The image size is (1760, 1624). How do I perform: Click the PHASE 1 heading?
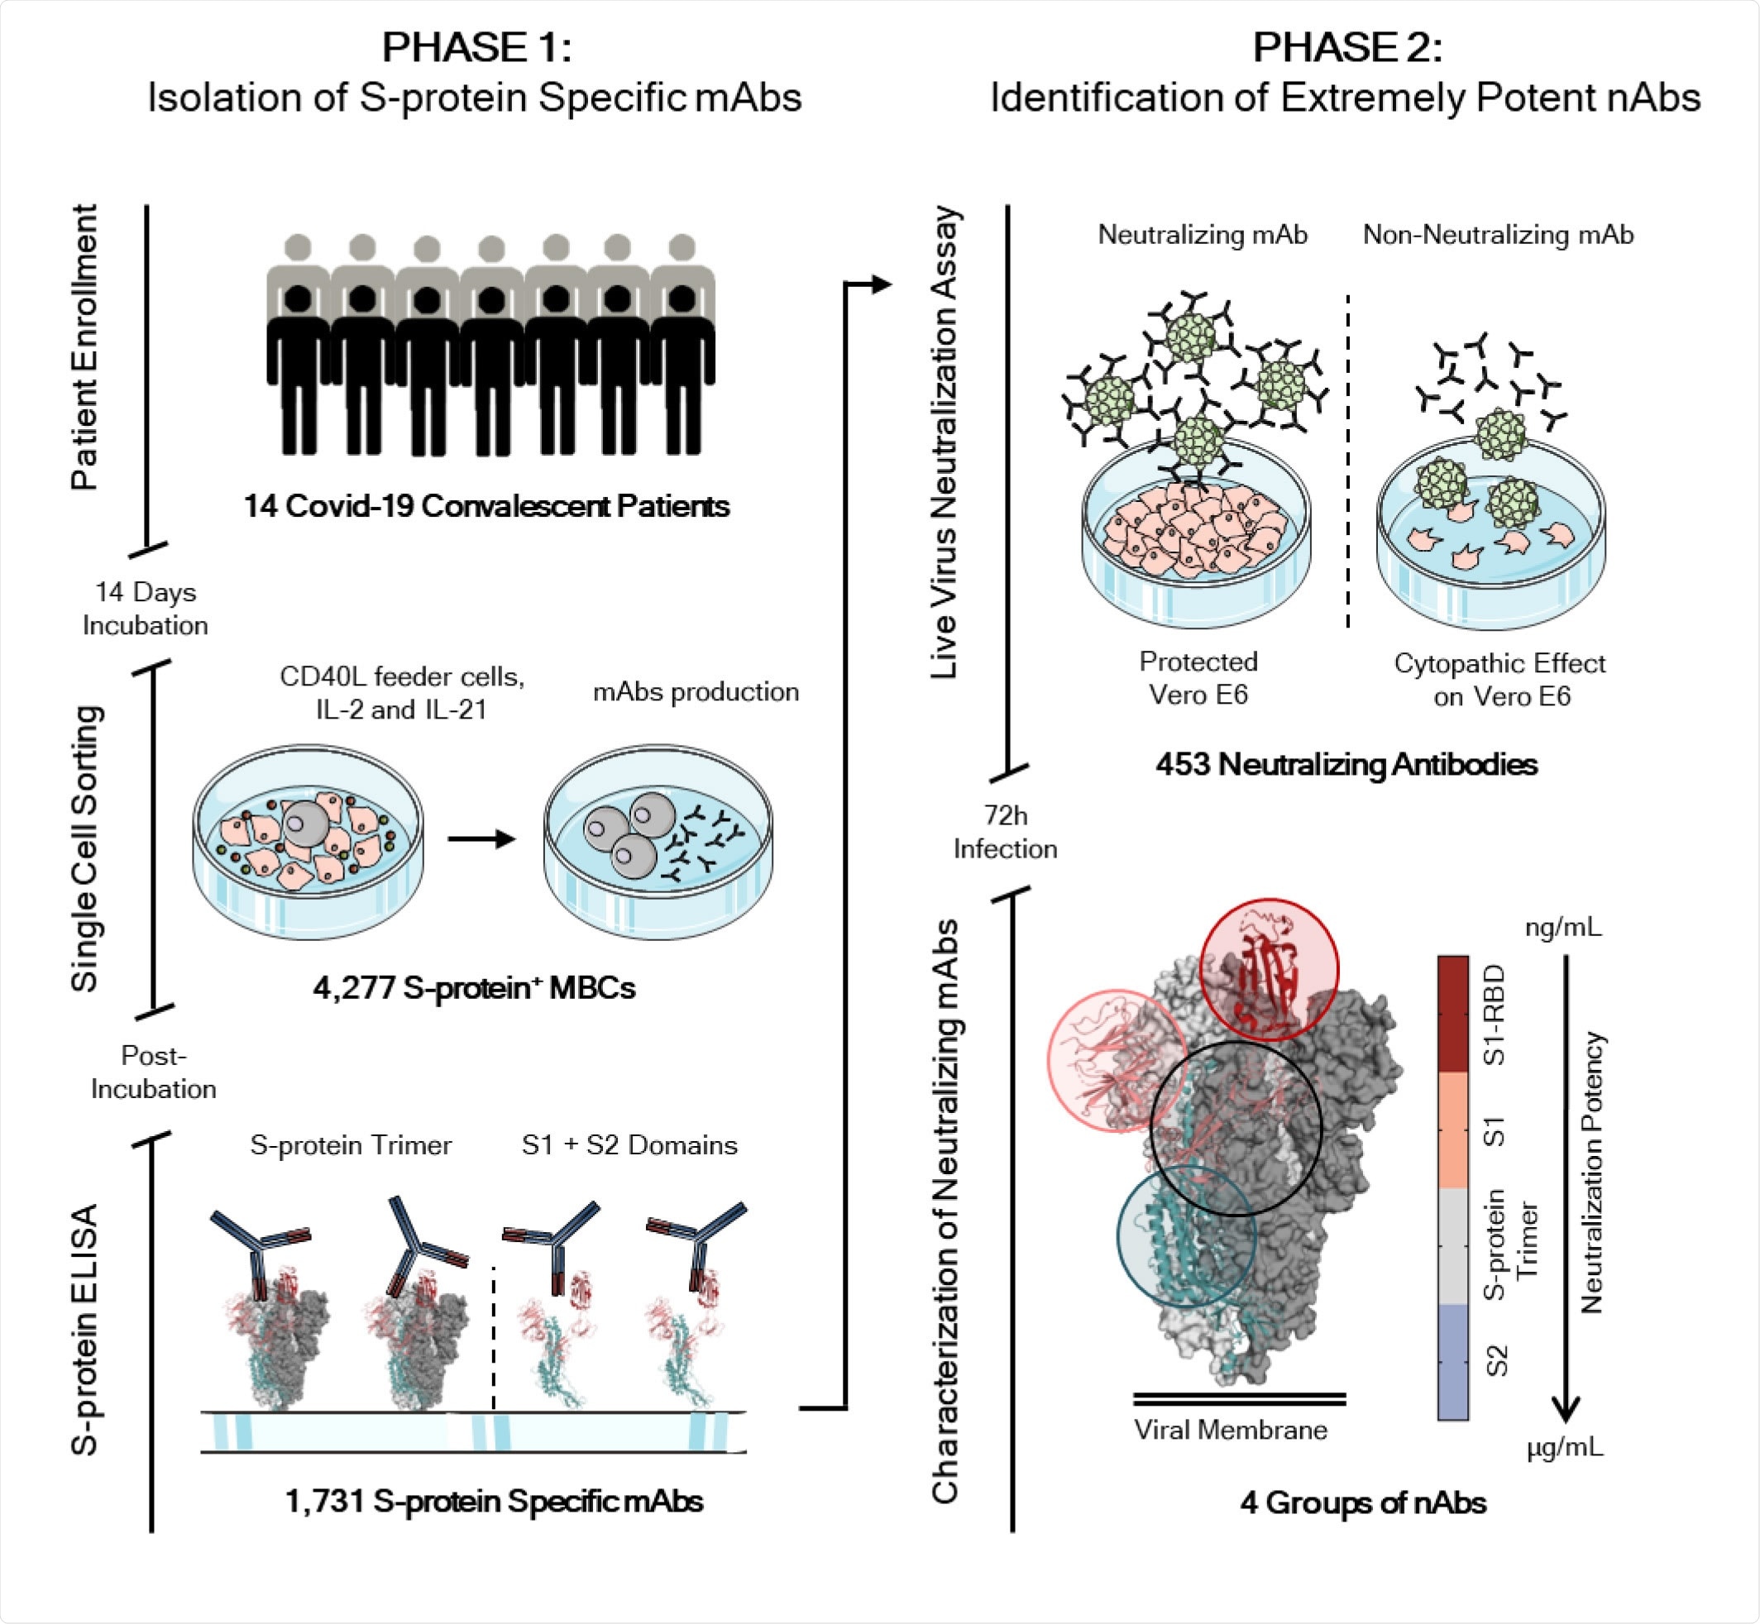pyautogui.click(x=476, y=47)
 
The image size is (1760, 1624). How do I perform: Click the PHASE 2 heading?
pyautogui.click(x=1346, y=47)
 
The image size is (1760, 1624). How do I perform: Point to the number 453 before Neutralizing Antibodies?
pyautogui.click(x=1184, y=765)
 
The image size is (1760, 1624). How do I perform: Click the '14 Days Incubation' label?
pyautogui.click(x=145, y=608)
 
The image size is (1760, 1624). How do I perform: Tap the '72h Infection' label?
pyautogui.click(x=1005, y=832)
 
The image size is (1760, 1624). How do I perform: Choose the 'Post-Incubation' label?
pyautogui.click(x=153, y=1072)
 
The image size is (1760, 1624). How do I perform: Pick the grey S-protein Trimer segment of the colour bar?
pyautogui.click(x=1452, y=1245)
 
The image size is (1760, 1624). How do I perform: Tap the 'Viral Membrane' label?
pyautogui.click(x=1230, y=1430)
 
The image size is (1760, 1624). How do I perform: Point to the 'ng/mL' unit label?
pyautogui.click(x=1563, y=927)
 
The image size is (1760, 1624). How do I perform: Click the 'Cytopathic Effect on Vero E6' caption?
pyautogui.click(x=1499, y=680)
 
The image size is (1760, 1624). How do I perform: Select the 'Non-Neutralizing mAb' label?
pyautogui.click(x=1498, y=235)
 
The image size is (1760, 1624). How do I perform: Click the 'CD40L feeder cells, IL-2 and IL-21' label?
pyautogui.click(x=402, y=692)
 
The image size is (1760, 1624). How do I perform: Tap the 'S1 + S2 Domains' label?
pyautogui.click(x=629, y=1145)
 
